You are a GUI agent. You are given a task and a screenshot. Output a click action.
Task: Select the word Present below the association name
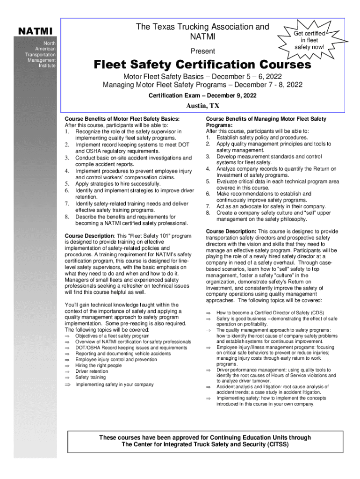point(202,51)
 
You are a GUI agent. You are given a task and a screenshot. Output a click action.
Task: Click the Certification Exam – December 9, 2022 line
point(202,95)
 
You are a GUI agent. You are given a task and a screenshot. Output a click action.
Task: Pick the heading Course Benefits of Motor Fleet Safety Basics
point(122,119)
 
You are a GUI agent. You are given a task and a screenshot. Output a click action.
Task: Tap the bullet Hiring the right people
point(98,365)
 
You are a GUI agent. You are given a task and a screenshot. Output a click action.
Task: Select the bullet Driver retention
point(92,371)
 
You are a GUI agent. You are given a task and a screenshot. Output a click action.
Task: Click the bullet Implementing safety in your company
point(114,385)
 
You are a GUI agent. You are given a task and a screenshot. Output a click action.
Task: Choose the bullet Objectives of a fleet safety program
point(112,336)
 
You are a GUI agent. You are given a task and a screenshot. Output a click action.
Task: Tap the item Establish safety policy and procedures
point(262,138)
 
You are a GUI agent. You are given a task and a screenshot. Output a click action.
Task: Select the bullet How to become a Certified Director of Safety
point(270,312)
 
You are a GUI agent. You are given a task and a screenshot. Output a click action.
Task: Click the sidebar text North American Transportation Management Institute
point(41,54)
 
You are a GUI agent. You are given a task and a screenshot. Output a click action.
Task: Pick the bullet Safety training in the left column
point(91,377)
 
